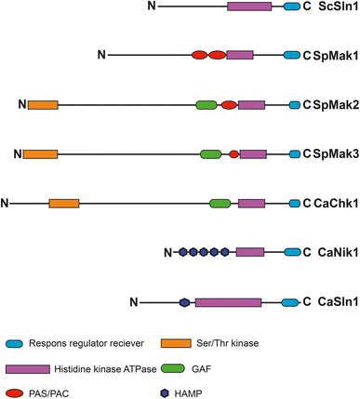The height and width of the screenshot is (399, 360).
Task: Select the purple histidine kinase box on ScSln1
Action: pyautogui.click(x=249, y=7)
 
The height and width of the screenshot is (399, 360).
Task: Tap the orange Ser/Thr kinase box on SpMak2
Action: pyautogui.click(x=42, y=105)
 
